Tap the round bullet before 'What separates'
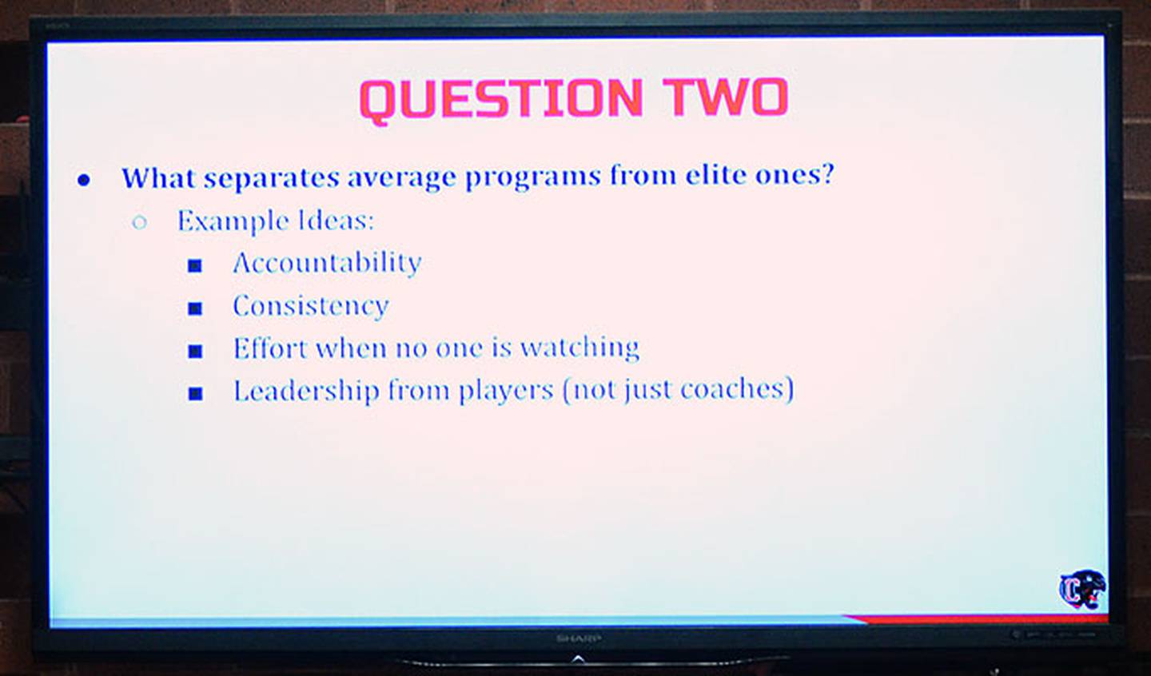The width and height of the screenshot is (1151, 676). pyautogui.click(x=84, y=180)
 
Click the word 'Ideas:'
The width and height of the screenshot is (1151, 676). pyautogui.click(x=336, y=221)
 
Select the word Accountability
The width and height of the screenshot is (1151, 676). pyautogui.click(x=327, y=263)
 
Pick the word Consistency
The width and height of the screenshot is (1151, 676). pyautogui.click(x=310, y=306)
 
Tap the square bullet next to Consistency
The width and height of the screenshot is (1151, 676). pyautogui.click(x=195, y=308)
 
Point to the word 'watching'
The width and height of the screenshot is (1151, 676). pyautogui.click(x=579, y=348)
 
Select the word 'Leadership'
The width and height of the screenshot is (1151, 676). pyautogui.click(x=306, y=391)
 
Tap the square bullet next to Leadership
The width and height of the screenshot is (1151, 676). pyautogui.click(x=195, y=393)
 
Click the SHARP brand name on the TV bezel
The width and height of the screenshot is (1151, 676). pyautogui.click(x=578, y=638)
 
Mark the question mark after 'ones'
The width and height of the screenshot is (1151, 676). pyautogui.click(x=827, y=173)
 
